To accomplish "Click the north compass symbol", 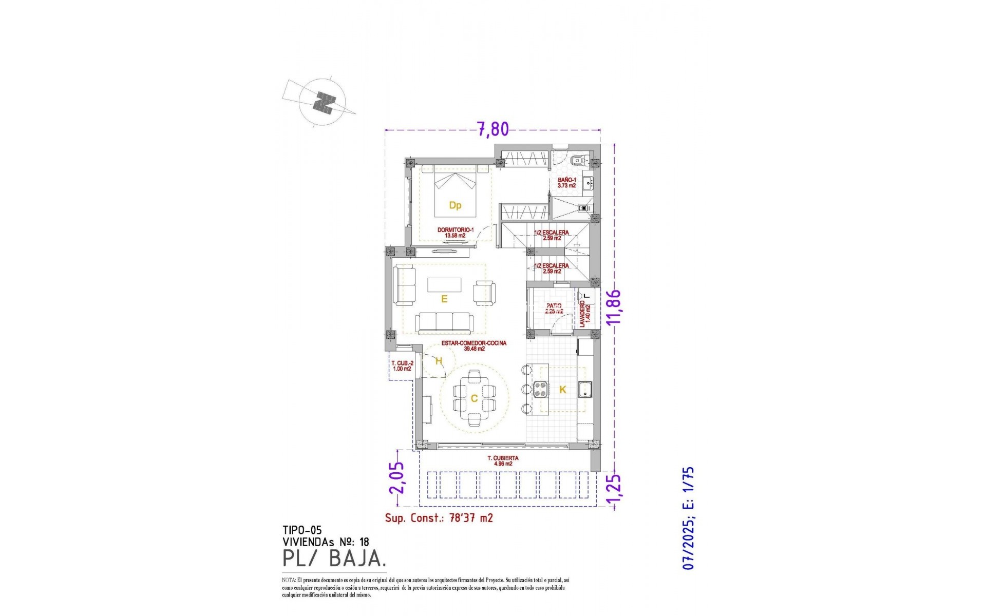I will pyautogui.click(x=323, y=104).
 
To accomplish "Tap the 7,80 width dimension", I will pyautogui.click(x=493, y=129).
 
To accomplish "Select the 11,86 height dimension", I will pyautogui.click(x=614, y=307).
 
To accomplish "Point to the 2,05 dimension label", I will pyautogui.click(x=397, y=478).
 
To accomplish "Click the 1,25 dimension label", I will pyautogui.click(x=614, y=490).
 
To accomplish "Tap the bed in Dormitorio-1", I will pyautogui.click(x=455, y=195).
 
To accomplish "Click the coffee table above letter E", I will pyautogui.click(x=445, y=284).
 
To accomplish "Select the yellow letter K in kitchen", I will pyautogui.click(x=562, y=390).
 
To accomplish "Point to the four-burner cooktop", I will pyautogui.click(x=540, y=390).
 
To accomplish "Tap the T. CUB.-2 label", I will pyautogui.click(x=402, y=366).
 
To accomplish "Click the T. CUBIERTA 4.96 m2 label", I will pyautogui.click(x=503, y=461).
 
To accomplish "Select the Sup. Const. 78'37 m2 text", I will pyautogui.click(x=439, y=518).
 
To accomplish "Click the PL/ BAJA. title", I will pyautogui.click(x=334, y=559).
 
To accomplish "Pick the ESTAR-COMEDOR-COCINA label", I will pyautogui.click(x=474, y=346).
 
